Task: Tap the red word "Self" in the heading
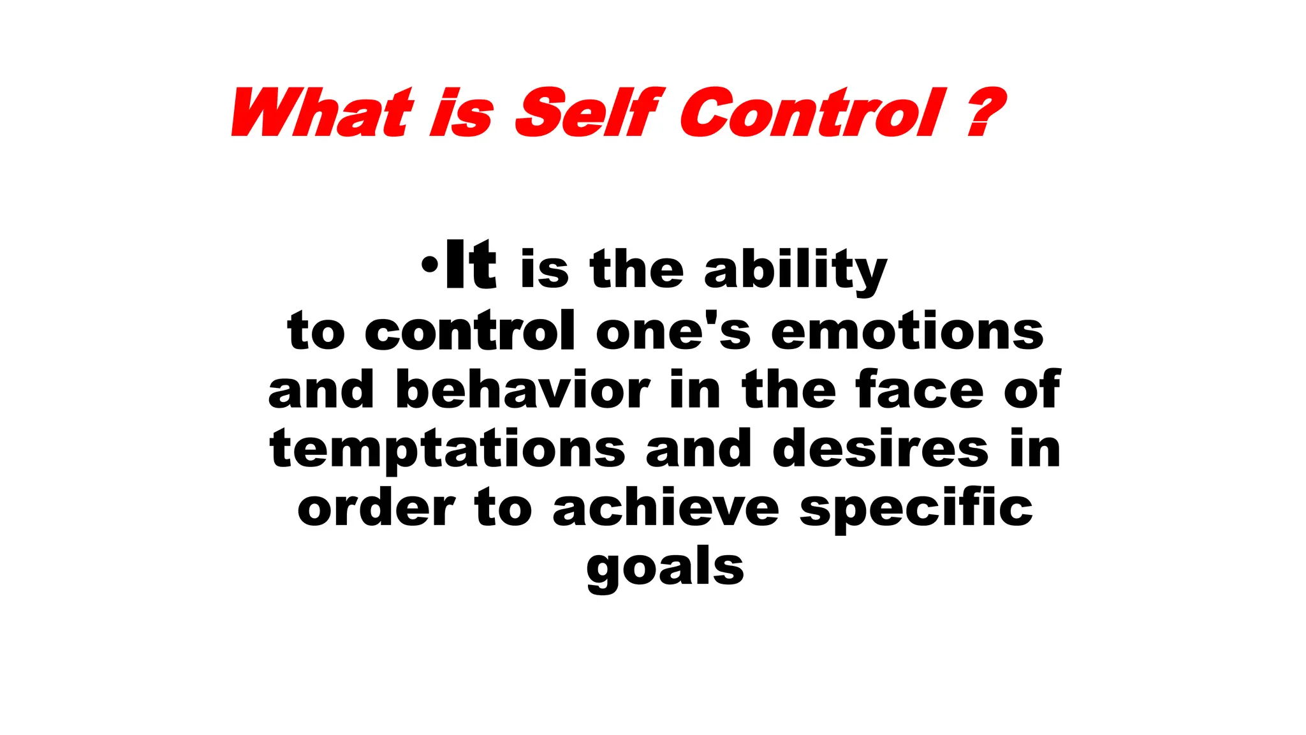(590, 113)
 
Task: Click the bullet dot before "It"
(430, 263)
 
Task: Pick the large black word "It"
(471, 264)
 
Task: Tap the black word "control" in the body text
(470, 330)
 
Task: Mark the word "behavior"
(522, 389)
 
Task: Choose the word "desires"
(881, 448)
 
